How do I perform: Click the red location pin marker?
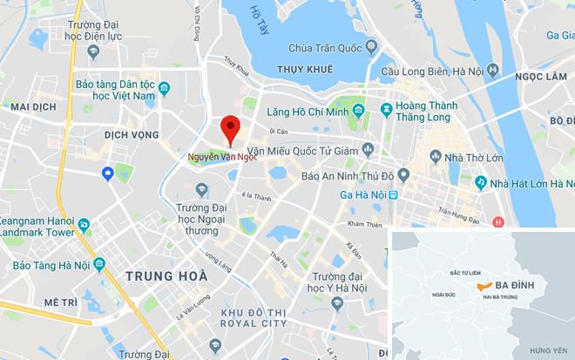pos(229,130)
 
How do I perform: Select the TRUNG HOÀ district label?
pos(167,276)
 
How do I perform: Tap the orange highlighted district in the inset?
pos(481,286)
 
